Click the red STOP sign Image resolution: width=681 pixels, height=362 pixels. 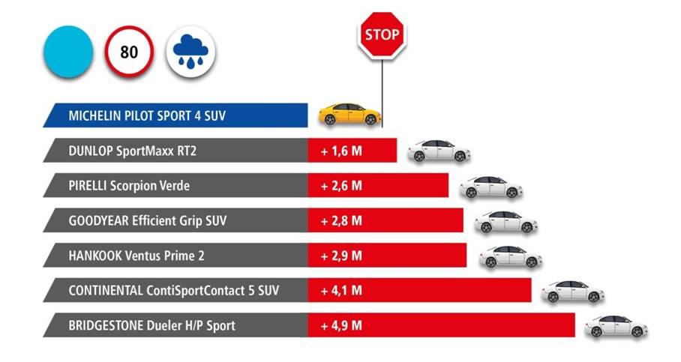pos(382,34)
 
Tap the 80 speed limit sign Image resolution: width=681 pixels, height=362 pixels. pos(128,54)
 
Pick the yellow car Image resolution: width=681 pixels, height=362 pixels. pos(349,115)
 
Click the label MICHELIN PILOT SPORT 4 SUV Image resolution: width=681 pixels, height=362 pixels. pos(147,116)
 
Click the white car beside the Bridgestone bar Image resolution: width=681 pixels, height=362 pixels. pos(616,326)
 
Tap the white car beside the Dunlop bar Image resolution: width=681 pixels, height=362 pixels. pos(439,151)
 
